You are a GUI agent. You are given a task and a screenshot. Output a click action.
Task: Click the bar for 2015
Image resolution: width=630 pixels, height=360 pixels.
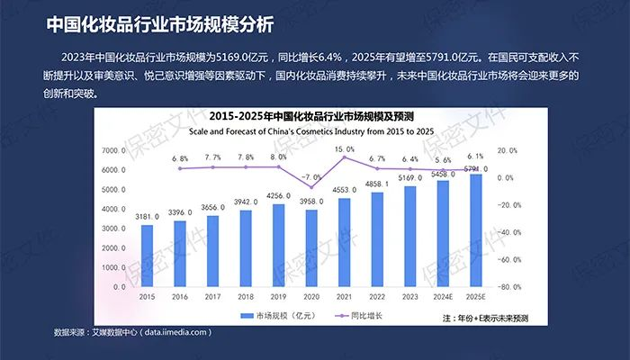click(x=147, y=256)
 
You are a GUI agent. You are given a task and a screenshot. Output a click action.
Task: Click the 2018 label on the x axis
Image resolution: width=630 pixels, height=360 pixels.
click(x=246, y=296)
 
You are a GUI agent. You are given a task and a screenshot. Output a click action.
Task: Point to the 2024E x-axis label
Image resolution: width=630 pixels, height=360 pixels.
click(x=443, y=296)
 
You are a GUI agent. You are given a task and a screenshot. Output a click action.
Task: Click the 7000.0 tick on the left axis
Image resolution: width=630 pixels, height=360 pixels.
click(x=115, y=150)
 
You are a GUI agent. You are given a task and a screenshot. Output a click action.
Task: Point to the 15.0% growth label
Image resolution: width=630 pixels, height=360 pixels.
click(x=345, y=148)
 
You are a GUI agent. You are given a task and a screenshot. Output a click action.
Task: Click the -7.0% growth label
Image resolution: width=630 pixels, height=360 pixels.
click(x=311, y=177)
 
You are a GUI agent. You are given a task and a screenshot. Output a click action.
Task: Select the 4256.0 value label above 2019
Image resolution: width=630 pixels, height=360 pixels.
click(x=279, y=195)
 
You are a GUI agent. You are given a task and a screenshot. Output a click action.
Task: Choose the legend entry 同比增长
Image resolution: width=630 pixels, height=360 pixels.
click(x=360, y=316)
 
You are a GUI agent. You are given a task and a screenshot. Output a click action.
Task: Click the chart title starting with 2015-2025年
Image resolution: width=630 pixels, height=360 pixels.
click(x=310, y=117)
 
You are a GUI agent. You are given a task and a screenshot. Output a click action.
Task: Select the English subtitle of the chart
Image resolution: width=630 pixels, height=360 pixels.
click(x=310, y=131)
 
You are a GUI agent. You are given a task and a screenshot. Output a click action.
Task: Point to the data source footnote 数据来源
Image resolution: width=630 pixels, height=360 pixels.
click(x=132, y=332)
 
